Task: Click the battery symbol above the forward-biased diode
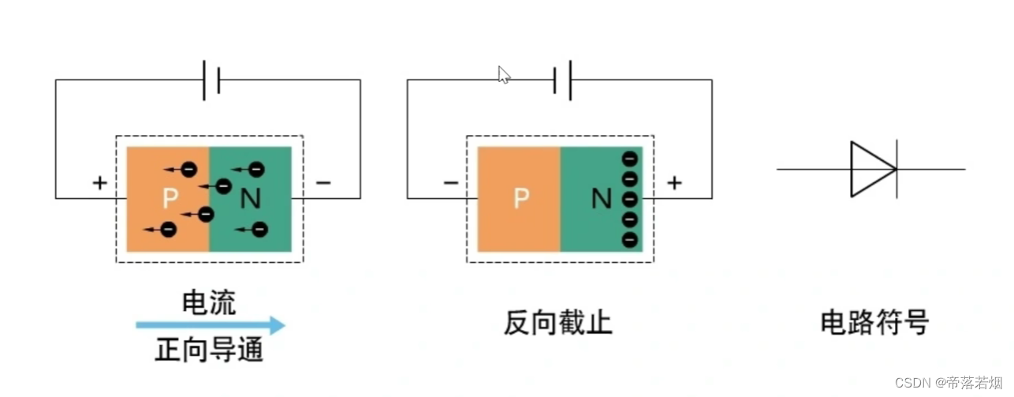click(211, 80)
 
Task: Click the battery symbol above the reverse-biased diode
click(562, 80)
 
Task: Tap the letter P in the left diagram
click(170, 199)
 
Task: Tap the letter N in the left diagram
click(250, 199)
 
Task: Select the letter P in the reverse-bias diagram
click(520, 199)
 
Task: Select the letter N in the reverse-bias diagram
click(602, 199)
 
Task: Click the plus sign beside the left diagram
click(99, 183)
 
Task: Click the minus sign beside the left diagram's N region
click(323, 183)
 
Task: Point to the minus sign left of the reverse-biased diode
click(451, 183)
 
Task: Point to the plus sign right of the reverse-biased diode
click(674, 183)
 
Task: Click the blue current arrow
click(210, 324)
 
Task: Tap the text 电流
click(209, 302)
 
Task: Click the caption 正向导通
click(209, 350)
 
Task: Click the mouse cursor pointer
click(504, 74)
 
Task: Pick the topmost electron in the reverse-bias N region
click(629, 158)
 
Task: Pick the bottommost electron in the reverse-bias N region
click(629, 238)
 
